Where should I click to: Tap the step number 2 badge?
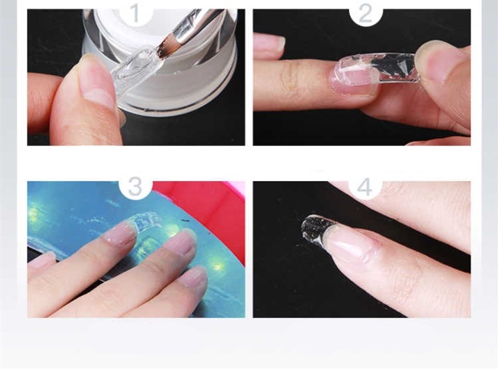click(x=365, y=13)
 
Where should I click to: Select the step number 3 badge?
click(x=136, y=186)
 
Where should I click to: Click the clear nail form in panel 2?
click(x=382, y=66)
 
